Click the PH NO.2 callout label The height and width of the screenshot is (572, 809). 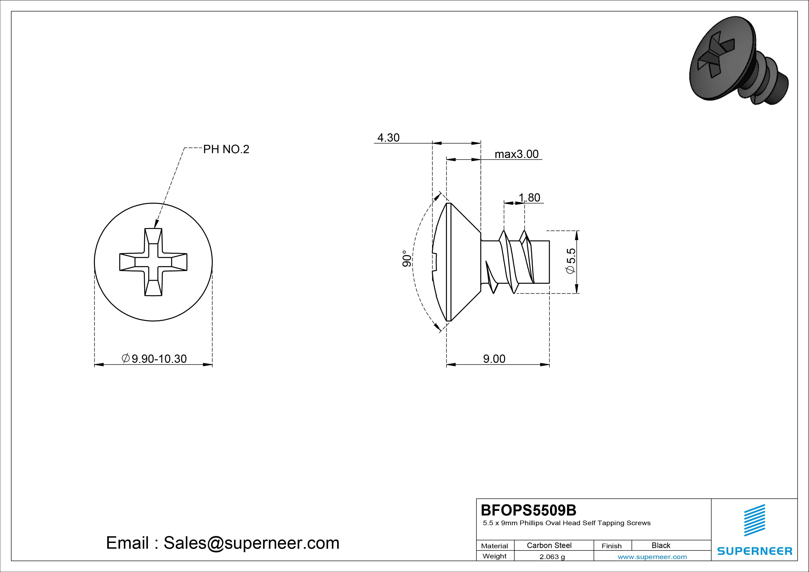[x=226, y=149]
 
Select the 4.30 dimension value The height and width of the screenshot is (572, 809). [x=388, y=137]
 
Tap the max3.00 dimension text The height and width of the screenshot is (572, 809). [x=517, y=154]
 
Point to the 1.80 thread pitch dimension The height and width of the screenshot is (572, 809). [x=529, y=197]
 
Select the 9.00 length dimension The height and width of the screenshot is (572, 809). [x=494, y=359]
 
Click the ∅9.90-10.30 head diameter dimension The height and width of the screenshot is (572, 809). [x=154, y=359]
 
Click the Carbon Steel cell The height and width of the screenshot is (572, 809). [x=549, y=545]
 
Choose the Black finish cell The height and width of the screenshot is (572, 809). [x=661, y=545]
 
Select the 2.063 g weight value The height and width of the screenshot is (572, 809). [x=552, y=557]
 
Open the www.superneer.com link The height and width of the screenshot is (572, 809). [x=652, y=557]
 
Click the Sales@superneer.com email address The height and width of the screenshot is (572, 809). [x=251, y=543]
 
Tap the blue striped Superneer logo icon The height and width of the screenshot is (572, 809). [x=754, y=520]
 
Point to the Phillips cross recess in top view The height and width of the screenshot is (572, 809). [x=153, y=262]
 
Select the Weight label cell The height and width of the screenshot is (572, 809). [x=494, y=556]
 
